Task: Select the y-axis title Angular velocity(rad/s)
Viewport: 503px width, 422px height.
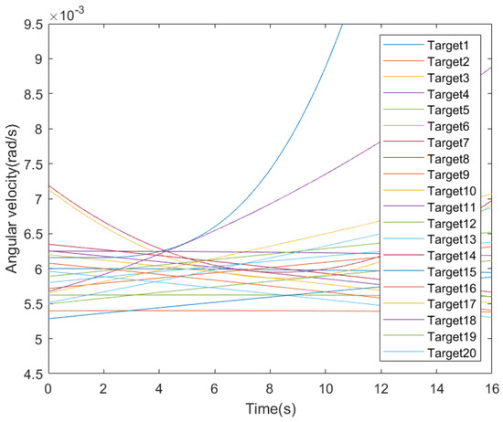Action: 12,198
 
